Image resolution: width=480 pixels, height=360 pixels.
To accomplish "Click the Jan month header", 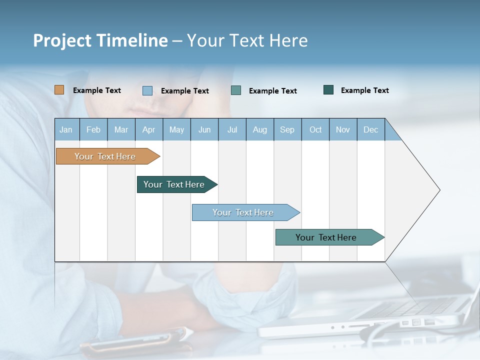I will tap(66, 129).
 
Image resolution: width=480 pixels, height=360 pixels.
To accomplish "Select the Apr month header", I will tap(149, 129).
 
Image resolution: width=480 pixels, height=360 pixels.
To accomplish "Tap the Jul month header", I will tap(232, 129).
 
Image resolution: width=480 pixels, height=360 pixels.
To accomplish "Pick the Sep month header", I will tap(287, 129).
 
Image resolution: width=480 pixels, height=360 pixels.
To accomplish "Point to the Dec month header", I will tap(370, 129).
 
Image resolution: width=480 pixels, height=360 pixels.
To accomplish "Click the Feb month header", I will tap(93, 129).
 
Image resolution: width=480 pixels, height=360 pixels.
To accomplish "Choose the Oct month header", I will tap(315, 129).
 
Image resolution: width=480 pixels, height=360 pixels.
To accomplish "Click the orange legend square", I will tap(59, 90).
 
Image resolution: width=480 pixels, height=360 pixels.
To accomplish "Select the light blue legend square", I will tap(147, 90).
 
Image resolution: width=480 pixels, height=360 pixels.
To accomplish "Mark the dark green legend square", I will tap(328, 90).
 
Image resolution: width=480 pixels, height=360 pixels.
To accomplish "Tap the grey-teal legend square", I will tap(236, 90).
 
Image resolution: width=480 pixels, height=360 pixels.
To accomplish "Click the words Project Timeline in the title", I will tap(100, 40).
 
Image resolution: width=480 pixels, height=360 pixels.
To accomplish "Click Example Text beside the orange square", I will tap(97, 90).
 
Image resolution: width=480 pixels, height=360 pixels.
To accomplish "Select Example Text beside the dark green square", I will tap(365, 90).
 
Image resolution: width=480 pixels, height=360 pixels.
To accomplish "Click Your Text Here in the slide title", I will tap(247, 40).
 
